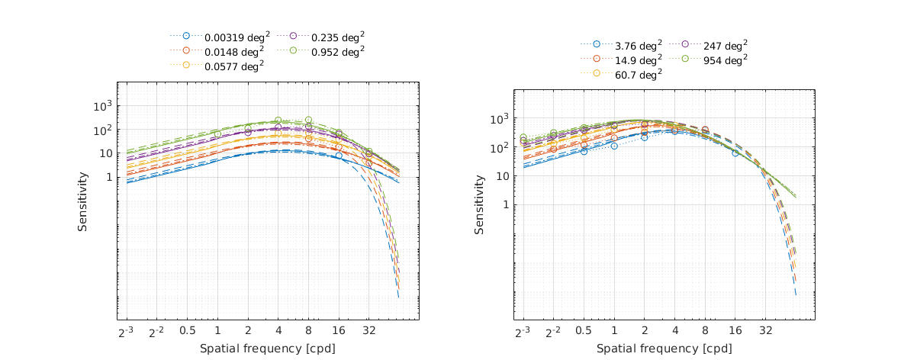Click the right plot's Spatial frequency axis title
point(664,348)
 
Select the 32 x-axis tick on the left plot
point(368,332)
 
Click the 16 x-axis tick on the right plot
point(735,332)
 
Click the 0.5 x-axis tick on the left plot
point(187,332)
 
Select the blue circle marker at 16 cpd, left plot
point(339,156)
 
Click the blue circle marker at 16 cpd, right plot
point(735,153)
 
